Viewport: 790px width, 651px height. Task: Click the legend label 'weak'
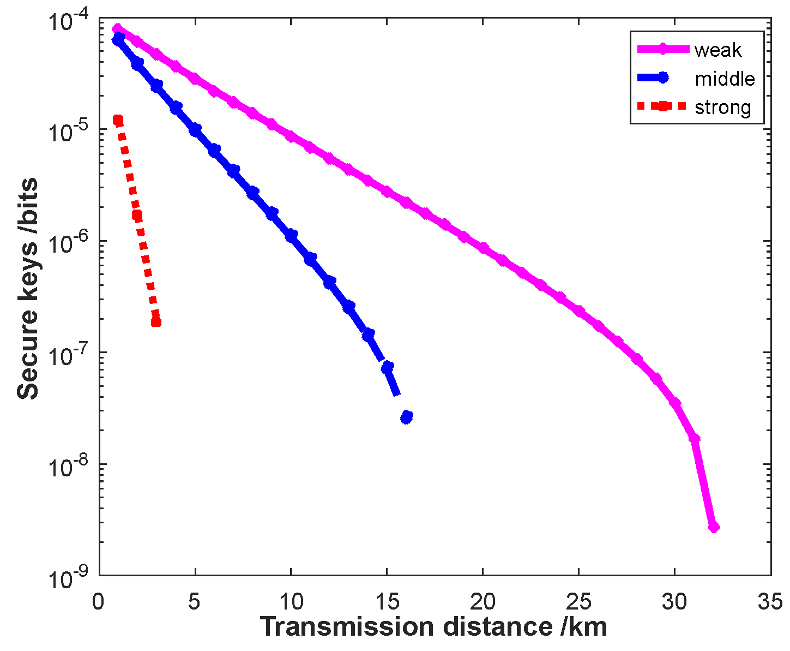click(x=717, y=50)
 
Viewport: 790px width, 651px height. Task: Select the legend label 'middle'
click(x=725, y=79)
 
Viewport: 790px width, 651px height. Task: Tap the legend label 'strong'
click(x=722, y=107)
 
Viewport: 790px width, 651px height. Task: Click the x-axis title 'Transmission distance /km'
click(x=433, y=627)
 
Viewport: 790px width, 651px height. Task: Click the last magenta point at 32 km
click(x=713, y=527)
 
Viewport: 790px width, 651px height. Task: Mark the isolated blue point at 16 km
click(x=406, y=417)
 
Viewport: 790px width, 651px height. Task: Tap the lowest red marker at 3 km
click(x=156, y=321)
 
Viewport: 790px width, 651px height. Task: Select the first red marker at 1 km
click(x=118, y=120)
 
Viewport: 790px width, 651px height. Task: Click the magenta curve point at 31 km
click(x=694, y=438)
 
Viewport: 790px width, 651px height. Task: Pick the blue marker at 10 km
click(x=291, y=235)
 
